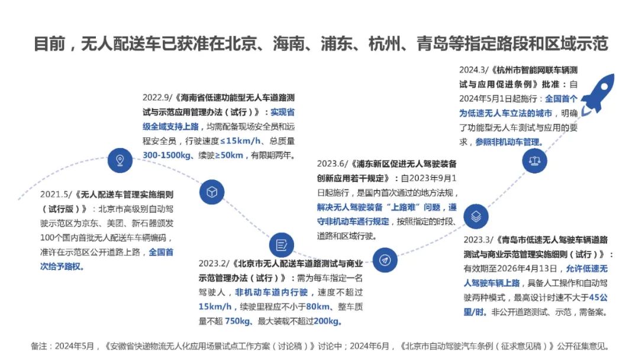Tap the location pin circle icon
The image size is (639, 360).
[x=120, y=159]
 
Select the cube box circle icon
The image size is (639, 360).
[x=212, y=192]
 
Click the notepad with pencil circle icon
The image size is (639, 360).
[x=282, y=245]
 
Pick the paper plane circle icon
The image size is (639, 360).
[x=385, y=259]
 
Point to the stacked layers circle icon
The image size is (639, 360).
[x=476, y=216]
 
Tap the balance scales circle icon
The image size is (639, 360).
[x=534, y=160]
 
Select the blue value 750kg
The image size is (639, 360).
[x=238, y=322]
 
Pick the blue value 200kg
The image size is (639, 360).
[x=329, y=322]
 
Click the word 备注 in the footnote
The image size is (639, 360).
[x=41, y=346]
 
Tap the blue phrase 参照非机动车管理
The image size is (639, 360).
[x=508, y=142]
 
